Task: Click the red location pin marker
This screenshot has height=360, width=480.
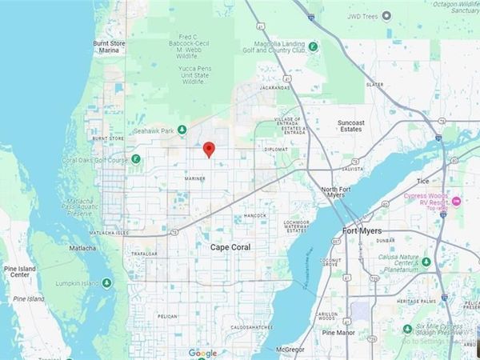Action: [x=209, y=149]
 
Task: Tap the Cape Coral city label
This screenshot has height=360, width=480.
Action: [x=230, y=247]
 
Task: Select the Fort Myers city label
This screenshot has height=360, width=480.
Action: [x=360, y=231]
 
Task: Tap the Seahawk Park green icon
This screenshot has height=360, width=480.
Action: [x=182, y=130]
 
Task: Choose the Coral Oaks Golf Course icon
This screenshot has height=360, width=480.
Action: [x=136, y=158]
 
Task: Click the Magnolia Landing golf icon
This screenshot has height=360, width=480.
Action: [x=314, y=46]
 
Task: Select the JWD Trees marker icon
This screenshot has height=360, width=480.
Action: [x=387, y=15]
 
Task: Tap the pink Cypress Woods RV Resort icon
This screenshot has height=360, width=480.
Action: [x=456, y=200]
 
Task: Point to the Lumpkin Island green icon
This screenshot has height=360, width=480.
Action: [x=106, y=283]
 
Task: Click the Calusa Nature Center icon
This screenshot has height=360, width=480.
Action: [x=426, y=262]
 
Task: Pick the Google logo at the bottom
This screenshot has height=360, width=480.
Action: [x=203, y=353]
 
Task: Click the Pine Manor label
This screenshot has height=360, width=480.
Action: [x=338, y=331]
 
